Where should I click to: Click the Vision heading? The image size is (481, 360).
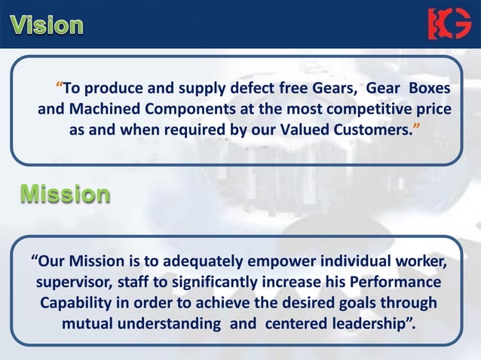[47, 25]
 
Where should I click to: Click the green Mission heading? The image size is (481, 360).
[65, 194]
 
